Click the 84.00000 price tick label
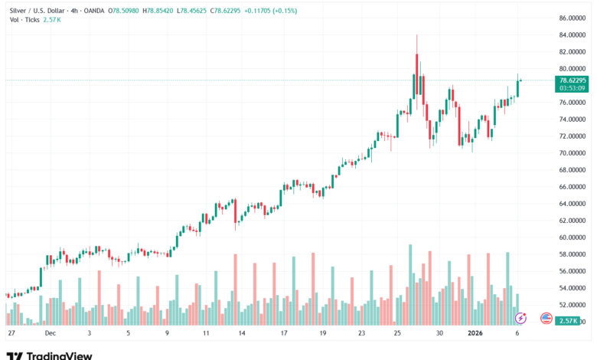(x=573, y=34)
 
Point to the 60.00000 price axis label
(x=573, y=237)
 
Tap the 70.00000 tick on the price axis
(x=573, y=152)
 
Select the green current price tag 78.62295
(x=573, y=80)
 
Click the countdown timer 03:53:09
(x=573, y=88)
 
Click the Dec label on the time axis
(x=50, y=334)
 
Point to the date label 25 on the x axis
(x=398, y=334)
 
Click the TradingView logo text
(x=60, y=355)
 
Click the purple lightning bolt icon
(x=521, y=317)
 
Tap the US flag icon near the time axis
(x=546, y=317)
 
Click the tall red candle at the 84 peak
(x=416, y=73)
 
